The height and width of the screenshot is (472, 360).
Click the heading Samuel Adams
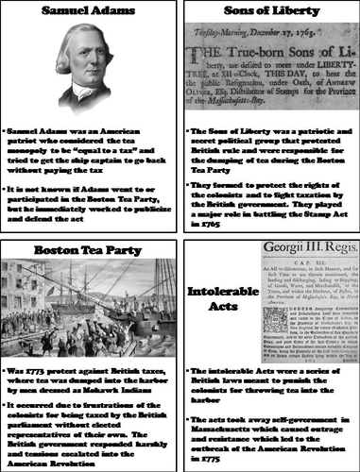[x=91, y=13]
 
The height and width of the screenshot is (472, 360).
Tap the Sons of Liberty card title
[x=268, y=13]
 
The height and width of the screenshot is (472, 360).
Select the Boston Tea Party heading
[x=91, y=250]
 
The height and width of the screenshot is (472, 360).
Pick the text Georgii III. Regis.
[x=299, y=253]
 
